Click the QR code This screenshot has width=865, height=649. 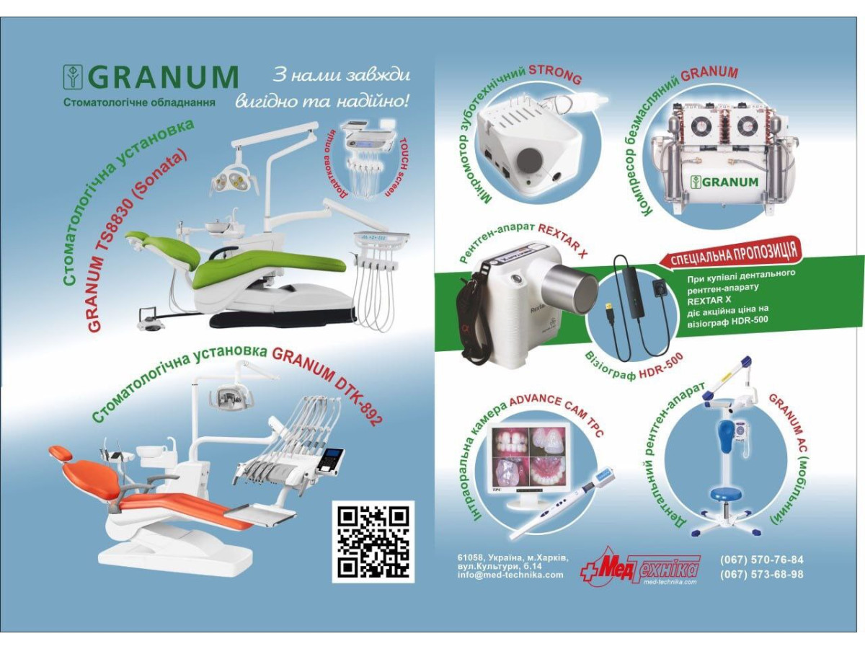373,542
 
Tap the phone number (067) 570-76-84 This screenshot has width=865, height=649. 761,560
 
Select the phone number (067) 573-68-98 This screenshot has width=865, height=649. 761,575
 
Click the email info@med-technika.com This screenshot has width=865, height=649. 510,575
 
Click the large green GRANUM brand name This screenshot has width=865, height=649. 166,77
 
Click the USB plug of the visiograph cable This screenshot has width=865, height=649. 611,314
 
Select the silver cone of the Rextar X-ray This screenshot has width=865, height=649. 571,286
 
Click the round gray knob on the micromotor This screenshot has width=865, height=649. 530,159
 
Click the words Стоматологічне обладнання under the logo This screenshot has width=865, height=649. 140,102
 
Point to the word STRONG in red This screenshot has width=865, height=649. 555,74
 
